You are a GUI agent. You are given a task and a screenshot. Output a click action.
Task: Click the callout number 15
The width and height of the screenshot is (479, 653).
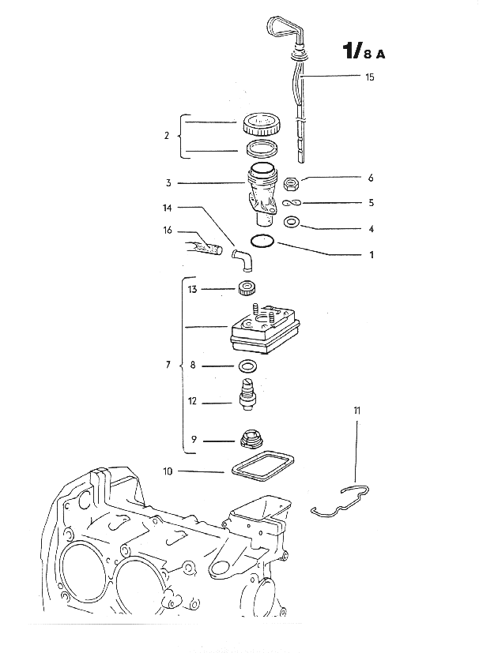[370, 77]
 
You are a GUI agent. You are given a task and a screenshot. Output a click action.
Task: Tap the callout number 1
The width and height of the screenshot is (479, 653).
[370, 255]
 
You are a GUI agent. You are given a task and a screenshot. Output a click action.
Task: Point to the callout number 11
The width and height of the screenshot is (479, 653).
[356, 411]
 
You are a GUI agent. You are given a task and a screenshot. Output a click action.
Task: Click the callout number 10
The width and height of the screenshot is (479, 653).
[168, 471]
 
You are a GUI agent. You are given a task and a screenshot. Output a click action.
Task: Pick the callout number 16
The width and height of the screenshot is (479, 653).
[168, 231]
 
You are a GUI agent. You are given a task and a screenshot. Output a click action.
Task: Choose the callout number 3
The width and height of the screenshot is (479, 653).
[168, 183]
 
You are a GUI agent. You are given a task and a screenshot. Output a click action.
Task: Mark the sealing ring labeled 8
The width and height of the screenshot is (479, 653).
[247, 366]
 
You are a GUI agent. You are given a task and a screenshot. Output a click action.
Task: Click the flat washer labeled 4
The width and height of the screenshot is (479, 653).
[290, 223]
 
